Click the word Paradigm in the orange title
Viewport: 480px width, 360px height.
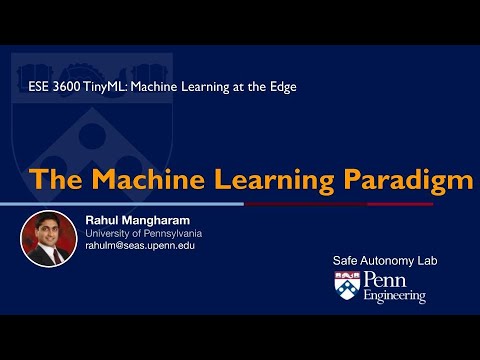click(408, 181)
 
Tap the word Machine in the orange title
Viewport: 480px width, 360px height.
click(148, 179)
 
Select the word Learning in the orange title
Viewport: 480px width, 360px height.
click(274, 181)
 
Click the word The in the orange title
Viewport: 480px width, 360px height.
click(56, 179)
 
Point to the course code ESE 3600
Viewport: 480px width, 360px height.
click(54, 87)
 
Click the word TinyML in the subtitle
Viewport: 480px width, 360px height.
click(105, 87)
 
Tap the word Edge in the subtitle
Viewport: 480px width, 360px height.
click(283, 87)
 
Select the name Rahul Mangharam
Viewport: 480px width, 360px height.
click(138, 220)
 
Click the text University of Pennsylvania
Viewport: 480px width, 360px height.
click(144, 233)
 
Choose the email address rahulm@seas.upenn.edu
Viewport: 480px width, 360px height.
click(140, 246)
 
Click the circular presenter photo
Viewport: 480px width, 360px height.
click(49, 239)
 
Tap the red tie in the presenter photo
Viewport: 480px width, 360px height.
click(56, 257)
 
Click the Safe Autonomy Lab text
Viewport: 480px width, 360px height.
click(385, 261)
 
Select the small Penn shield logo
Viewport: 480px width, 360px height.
click(347, 285)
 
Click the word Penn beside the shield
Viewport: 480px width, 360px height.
click(385, 279)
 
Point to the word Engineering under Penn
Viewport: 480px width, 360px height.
click(395, 296)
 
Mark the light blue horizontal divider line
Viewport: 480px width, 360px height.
click(122, 204)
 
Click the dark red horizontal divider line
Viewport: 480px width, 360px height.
click(339, 204)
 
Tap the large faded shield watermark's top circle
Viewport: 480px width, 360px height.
click(92, 136)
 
